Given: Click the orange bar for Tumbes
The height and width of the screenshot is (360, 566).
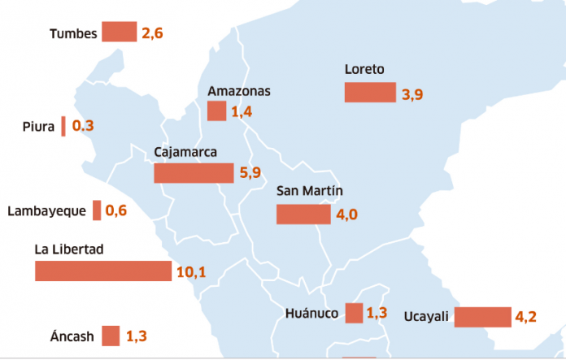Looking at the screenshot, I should pos(120,33).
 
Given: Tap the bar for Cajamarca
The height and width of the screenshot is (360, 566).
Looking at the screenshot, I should pos(194,173).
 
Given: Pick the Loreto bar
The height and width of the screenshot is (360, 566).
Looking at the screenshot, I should pos(370,92).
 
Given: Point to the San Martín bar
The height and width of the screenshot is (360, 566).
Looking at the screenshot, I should pos(303,214).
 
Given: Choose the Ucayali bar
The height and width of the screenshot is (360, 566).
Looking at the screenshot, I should pos(482,317).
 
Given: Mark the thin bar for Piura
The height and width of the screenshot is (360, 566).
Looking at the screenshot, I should pos(63,126).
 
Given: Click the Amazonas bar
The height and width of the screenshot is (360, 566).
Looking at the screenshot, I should pos(216,111).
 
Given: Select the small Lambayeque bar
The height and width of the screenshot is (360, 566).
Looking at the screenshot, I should pos(97,210).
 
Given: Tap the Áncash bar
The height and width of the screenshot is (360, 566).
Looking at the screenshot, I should pos(111,336).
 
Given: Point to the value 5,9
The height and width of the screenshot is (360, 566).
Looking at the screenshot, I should pos(248,173).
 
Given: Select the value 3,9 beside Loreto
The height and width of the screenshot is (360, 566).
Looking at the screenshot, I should pos(412,94).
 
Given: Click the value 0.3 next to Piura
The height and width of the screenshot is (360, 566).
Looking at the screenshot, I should pos(83,126).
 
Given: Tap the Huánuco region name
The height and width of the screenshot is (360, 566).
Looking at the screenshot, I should pos(311,314).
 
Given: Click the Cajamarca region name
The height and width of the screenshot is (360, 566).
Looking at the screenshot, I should pos(185,152).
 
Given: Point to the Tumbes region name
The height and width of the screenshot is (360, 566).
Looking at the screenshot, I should pos(73,33).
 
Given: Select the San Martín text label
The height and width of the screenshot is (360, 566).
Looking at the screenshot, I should pos(310,192).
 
